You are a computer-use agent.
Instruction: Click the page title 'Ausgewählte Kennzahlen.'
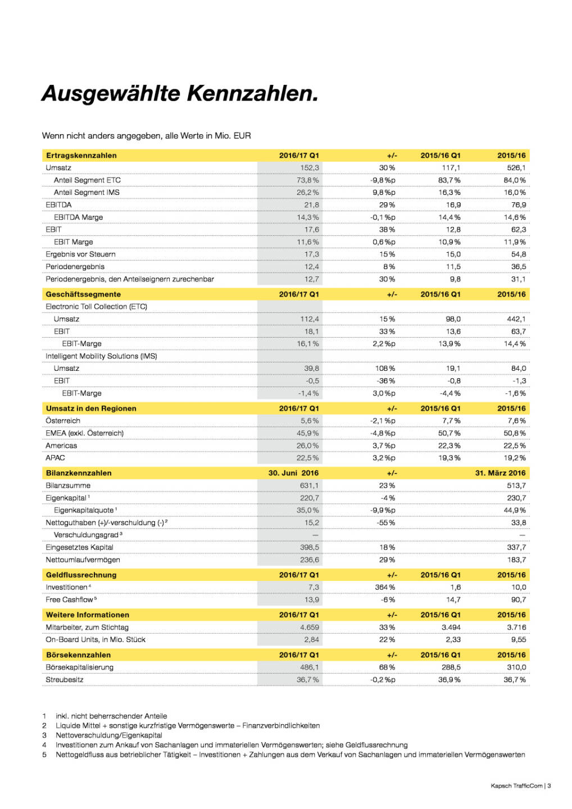tap(180, 93)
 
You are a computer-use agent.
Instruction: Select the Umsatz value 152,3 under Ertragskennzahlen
tap(309, 168)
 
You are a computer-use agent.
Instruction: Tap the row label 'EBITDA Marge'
tap(78, 217)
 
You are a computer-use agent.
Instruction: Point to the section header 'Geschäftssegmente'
tap(83, 294)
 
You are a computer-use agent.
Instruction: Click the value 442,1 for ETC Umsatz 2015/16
tap(516, 319)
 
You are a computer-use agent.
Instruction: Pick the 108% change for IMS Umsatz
tap(385, 369)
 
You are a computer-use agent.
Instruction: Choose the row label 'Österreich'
tap(63, 421)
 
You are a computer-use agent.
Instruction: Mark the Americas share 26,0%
tap(307, 446)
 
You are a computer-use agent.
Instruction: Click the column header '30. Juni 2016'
tap(293, 473)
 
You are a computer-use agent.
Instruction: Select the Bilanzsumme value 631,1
tap(309, 485)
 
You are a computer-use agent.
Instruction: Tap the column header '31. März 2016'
tap(500, 473)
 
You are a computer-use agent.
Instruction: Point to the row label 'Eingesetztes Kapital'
tap(79, 547)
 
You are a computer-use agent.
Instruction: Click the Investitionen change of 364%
tap(385, 587)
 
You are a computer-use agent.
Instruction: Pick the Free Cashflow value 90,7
tap(519, 599)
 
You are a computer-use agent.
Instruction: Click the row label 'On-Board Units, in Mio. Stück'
tap(96, 640)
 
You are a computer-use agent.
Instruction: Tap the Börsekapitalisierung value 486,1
tap(309, 667)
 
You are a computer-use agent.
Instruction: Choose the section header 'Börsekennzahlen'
tap(78, 655)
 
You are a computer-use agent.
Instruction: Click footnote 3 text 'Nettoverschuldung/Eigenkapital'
tap(109, 735)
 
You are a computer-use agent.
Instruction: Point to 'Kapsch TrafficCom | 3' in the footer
tap(520, 786)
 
